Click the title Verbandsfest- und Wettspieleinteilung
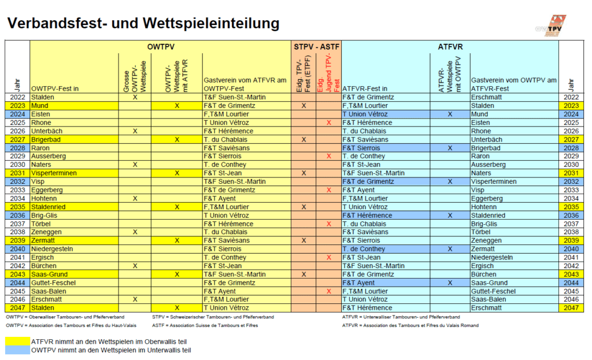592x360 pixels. (143, 23)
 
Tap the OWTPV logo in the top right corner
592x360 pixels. (552, 25)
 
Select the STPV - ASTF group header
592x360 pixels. (316, 47)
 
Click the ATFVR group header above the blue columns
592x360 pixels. (450, 47)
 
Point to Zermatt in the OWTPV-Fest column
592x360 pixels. (43, 240)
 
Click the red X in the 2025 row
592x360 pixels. (329, 123)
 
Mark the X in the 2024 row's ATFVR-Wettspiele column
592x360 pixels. (450, 114)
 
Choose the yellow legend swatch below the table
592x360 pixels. (17, 341)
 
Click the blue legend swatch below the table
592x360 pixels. (17, 350)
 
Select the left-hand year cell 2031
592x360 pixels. (17, 173)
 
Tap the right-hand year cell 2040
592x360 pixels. (571, 249)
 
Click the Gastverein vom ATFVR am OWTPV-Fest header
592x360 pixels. (245, 84)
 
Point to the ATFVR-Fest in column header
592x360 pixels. (365, 88)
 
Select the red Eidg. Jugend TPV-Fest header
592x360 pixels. (328, 72)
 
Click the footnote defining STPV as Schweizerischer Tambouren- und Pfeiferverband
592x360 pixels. (213, 317)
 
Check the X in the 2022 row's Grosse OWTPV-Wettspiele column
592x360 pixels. (135, 97)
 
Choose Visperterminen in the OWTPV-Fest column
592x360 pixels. (54, 173)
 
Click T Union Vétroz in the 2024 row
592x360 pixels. (365, 114)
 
